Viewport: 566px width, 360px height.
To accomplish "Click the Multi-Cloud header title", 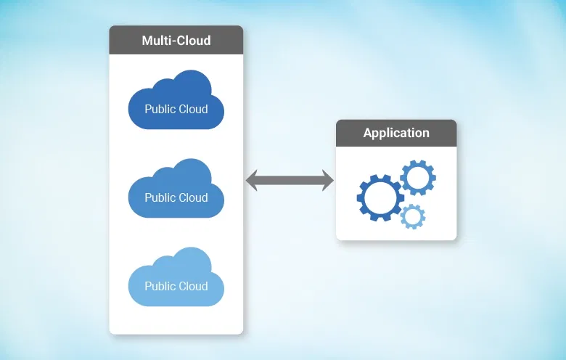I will (176, 40).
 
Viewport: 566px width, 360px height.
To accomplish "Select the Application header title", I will (396, 133).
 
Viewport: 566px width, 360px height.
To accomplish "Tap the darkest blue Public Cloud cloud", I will (176, 102).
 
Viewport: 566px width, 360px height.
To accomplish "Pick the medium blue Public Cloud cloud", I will (176, 190).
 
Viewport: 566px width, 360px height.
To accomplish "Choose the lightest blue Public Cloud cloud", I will (176, 279).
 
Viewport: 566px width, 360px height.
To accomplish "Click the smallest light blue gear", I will (412, 216).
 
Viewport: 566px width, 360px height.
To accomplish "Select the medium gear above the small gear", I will (417, 177).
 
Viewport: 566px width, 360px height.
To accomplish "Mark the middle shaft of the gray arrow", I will (290, 181).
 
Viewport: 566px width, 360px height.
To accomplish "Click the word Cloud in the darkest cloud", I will (193, 110).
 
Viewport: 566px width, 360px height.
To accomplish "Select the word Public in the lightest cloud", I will (160, 286).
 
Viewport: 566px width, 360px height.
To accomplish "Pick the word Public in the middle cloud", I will (160, 197).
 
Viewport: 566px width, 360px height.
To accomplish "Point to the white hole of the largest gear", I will (380, 197).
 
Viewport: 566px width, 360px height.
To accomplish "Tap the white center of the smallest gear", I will (412, 216).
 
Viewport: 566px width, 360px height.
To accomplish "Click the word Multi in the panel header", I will (157, 40).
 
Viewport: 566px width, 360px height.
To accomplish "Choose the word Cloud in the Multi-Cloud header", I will (194, 40).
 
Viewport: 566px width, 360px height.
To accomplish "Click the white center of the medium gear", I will (417, 177).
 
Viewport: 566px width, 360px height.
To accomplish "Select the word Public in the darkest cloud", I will (160, 110).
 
